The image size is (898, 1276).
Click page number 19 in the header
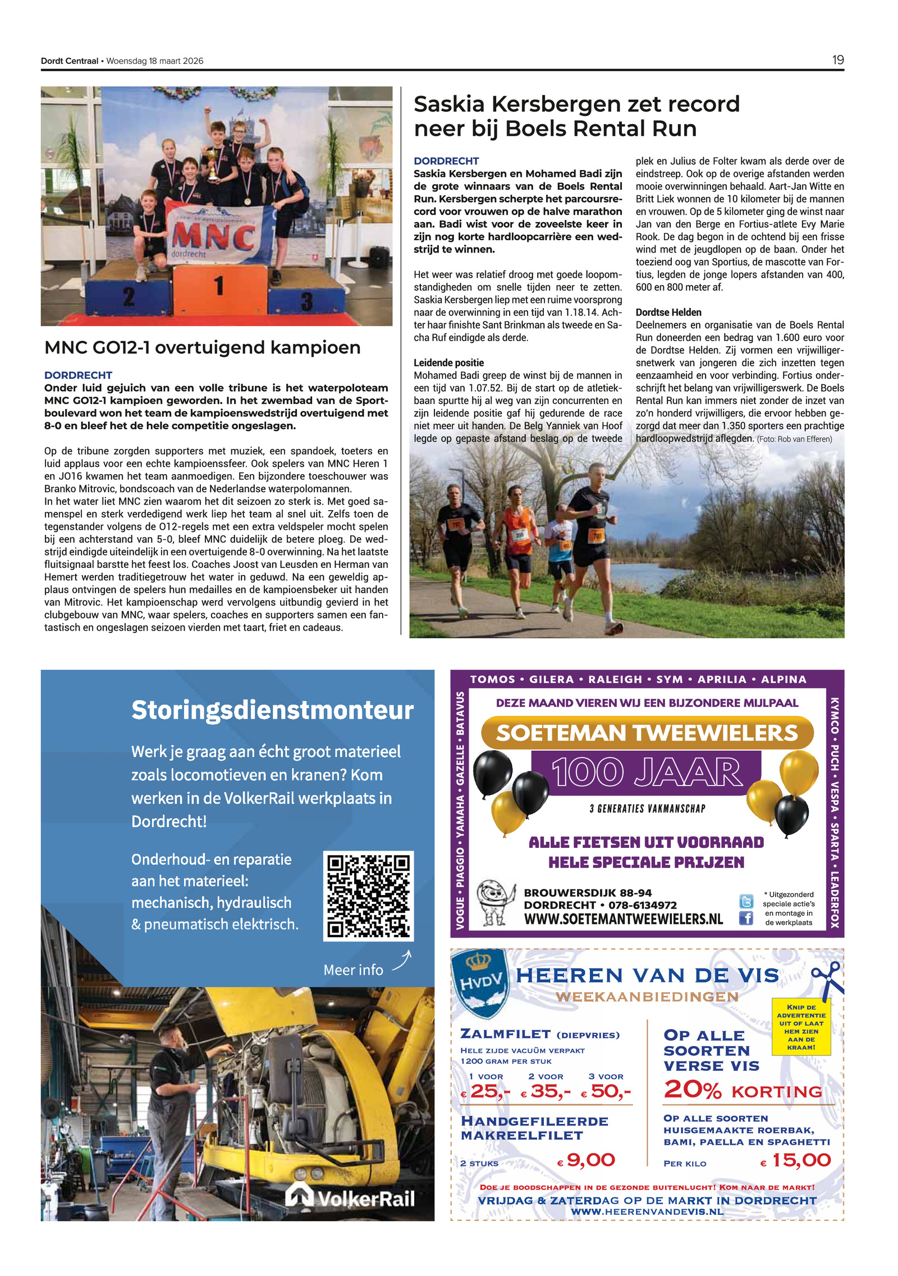[837, 60]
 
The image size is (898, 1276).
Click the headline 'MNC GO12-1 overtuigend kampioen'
[202, 347]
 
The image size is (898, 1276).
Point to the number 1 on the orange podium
[219, 286]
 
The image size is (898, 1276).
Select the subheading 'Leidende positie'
[448, 362]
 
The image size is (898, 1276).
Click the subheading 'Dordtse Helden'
[668, 312]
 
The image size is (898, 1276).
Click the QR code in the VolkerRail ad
[368, 896]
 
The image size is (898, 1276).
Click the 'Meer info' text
[353, 970]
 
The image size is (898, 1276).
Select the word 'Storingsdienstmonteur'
[272, 710]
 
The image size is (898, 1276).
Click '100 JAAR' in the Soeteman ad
[646, 772]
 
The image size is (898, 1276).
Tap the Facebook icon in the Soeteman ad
[745, 918]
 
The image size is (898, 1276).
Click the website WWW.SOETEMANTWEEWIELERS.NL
[623, 919]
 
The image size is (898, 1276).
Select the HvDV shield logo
[481, 981]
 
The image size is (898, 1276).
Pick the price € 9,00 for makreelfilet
[587, 1160]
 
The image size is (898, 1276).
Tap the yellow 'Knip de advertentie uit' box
[801, 1027]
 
